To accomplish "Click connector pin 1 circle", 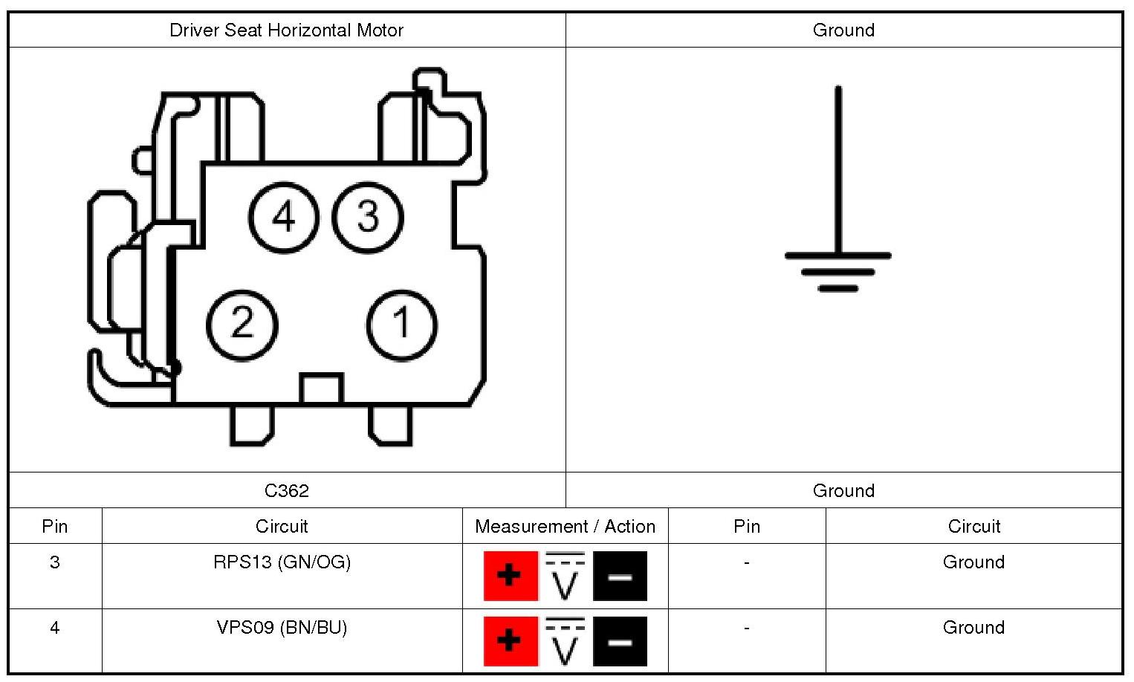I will coord(402,325).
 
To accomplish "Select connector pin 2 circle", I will coord(242,325).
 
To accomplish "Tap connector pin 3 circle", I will coord(368,218).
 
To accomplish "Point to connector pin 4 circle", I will coord(283,218).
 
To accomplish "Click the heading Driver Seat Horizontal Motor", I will coord(286,30).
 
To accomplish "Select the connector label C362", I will coord(286,490).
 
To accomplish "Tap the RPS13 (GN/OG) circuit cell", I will coord(282,562).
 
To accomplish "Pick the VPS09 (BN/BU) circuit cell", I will coord(282,628).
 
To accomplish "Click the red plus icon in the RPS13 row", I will coord(511,576).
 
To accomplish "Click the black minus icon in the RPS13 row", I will coord(620,576).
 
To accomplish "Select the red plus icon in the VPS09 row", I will coord(511,641).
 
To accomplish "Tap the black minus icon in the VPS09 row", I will coord(620,641).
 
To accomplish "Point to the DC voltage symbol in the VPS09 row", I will coord(566,641).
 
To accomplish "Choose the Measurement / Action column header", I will coord(565,527).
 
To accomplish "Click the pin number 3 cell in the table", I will coord(55,562).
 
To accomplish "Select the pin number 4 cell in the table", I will coord(55,628).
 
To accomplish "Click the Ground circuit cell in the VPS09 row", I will coord(973,628).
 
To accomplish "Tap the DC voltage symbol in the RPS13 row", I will coord(566,576).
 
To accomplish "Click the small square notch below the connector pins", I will coord(321,389).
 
